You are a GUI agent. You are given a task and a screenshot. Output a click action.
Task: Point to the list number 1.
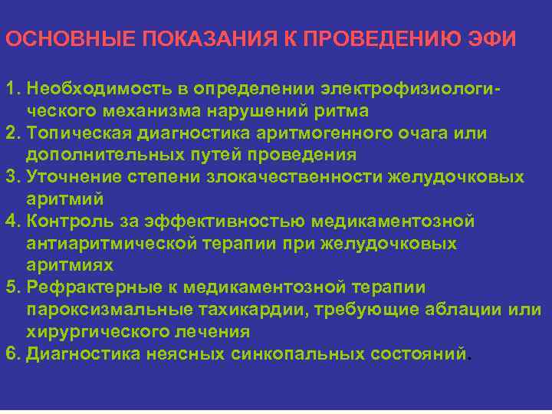[10, 90]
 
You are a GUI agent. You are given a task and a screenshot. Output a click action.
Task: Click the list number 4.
[10, 222]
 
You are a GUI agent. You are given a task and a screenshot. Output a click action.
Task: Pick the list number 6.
[10, 353]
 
